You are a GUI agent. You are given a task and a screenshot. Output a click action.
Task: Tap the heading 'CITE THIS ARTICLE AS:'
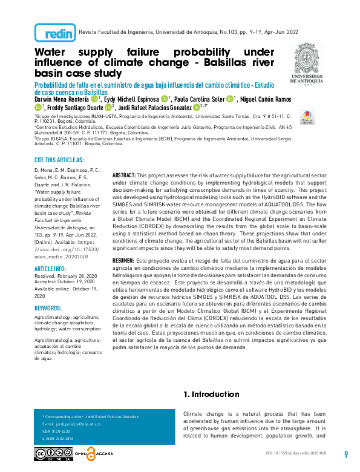tap(59, 160)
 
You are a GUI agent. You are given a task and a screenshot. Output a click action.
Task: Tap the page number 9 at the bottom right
tap(345, 454)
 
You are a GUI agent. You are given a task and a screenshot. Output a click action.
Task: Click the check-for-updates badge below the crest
tap(307, 115)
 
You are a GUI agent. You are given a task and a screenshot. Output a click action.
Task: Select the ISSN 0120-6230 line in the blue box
tap(54, 430)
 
